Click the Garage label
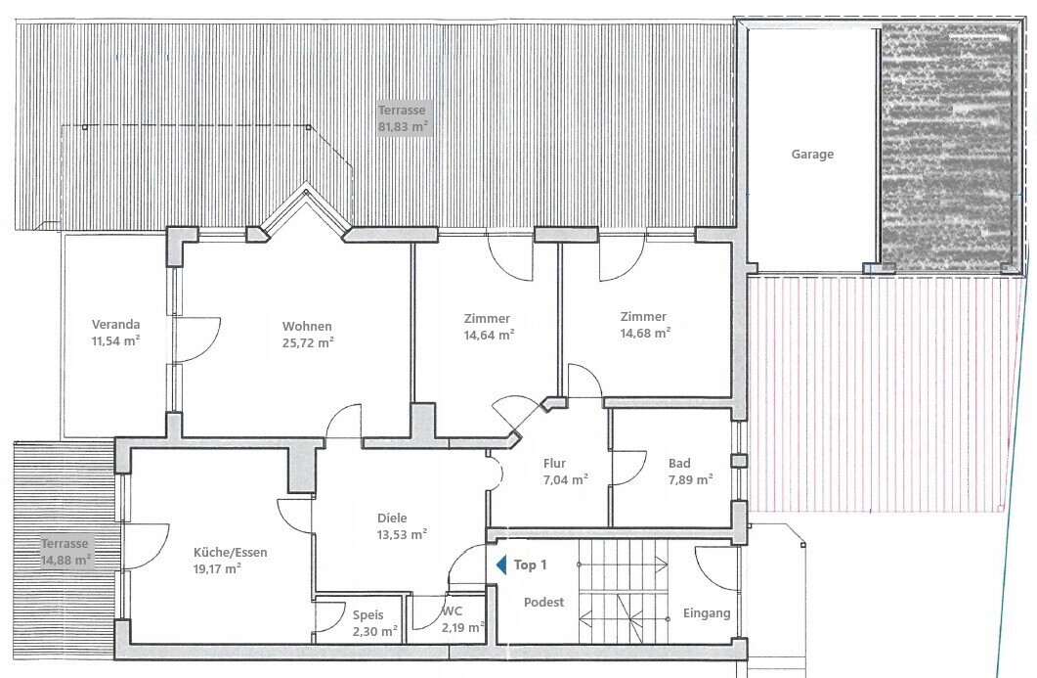click(x=812, y=155)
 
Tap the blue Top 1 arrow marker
click(x=502, y=565)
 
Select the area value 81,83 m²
click(x=403, y=126)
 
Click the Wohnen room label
click(x=307, y=326)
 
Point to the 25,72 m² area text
click(x=308, y=342)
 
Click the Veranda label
click(x=115, y=325)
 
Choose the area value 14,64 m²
click(x=490, y=335)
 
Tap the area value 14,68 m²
click(x=645, y=333)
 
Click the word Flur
click(x=554, y=464)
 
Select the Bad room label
click(x=679, y=464)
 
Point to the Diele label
click(x=392, y=518)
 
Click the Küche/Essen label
click(x=230, y=552)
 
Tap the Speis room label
click(x=367, y=615)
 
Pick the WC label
click(x=454, y=611)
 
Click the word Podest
click(x=543, y=603)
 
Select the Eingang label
click(x=707, y=613)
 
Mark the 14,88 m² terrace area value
click(x=66, y=561)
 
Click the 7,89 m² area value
click(x=690, y=479)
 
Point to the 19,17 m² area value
click(x=217, y=568)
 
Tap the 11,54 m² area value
click(x=115, y=341)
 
